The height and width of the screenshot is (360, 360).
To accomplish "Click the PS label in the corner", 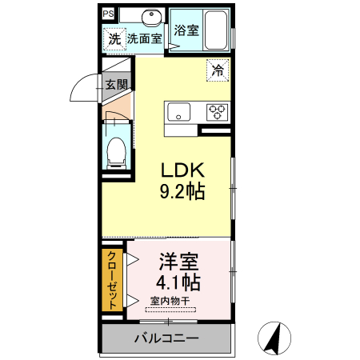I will coord(108,14).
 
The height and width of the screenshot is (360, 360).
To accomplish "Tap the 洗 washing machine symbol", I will coord(114,38).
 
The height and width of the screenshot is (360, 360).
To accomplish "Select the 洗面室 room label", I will coord(144,38).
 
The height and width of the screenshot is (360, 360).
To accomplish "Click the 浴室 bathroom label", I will coord(186,31).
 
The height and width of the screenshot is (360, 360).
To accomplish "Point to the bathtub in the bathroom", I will coord(215,31).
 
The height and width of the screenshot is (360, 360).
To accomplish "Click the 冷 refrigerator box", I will coord(218,70).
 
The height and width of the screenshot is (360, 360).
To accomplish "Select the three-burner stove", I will coord(217,112).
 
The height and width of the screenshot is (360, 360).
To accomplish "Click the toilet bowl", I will coord(118,150).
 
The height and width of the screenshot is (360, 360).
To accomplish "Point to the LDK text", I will coord(184,170).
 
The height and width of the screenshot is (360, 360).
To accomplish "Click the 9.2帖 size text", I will coord(184,192).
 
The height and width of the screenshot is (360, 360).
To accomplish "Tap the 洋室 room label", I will coord(178,262).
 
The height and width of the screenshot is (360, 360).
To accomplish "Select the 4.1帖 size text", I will coord(178,282).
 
